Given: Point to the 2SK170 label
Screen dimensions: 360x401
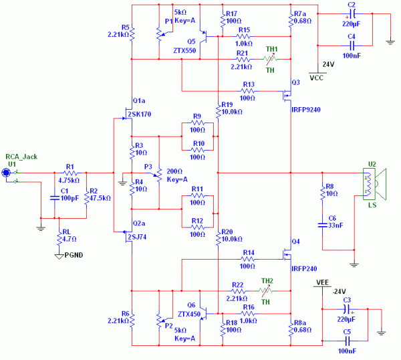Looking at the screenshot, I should (x=138, y=114).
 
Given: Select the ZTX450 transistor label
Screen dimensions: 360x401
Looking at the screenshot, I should (x=190, y=313).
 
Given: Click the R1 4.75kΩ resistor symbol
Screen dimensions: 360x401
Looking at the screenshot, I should (x=70, y=173).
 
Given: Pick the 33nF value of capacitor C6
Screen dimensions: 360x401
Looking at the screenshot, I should (x=334, y=226).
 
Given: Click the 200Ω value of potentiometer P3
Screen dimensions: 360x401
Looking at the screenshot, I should (x=174, y=171).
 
